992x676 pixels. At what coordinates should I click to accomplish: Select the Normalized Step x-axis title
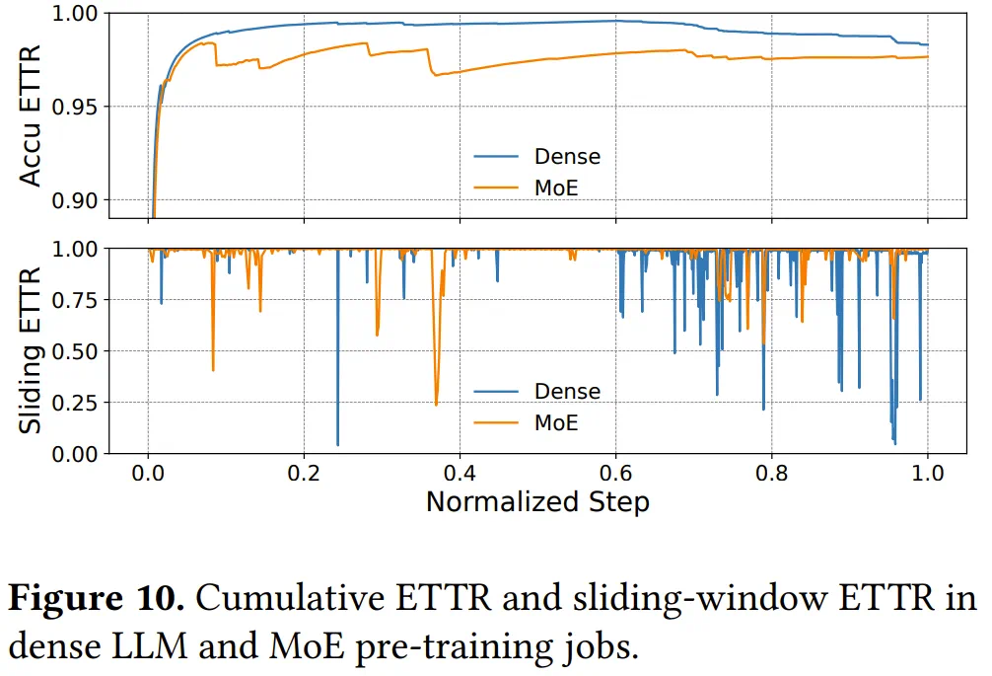point(537,501)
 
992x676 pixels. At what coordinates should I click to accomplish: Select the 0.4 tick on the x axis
point(460,471)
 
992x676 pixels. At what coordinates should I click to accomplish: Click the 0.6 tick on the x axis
point(616,471)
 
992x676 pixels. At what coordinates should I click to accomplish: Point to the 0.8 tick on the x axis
point(772,471)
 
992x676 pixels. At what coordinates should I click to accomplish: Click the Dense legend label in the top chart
point(567,156)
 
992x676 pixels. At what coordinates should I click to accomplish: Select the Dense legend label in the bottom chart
point(567,391)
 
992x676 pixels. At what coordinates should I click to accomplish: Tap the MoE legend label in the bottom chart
point(555,421)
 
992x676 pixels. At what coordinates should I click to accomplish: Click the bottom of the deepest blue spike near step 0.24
point(338,445)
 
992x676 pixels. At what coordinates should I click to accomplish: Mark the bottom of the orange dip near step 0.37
point(436,405)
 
